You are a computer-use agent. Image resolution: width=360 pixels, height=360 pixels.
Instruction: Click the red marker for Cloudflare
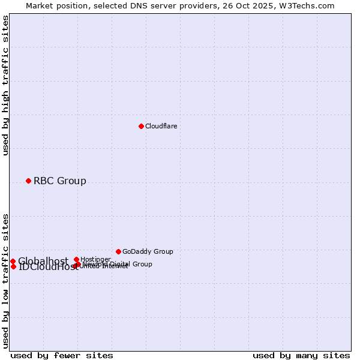pos(141,126)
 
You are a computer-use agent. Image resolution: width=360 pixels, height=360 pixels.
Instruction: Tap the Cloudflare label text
pos(161,126)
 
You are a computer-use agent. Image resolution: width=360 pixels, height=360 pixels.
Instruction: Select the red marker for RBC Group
pos(28,181)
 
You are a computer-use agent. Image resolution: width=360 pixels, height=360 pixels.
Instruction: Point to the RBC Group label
pos(59,181)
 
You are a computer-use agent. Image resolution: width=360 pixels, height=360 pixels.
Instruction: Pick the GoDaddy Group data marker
pos(118,251)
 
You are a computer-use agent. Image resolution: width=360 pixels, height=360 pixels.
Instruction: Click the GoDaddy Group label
pos(148,251)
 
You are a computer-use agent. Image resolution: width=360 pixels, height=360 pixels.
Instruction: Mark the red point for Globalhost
pos(13,261)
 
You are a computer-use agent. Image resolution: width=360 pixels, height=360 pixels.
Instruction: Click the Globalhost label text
pos(43,261)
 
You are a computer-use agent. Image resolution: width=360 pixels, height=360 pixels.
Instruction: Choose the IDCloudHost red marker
pos(13,266)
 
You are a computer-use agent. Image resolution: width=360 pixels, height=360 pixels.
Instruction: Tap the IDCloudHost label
pos(48,267)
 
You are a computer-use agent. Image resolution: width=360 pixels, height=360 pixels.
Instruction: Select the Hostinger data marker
pos(76,259)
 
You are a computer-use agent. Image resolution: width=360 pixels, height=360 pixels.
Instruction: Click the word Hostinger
pos(95,259)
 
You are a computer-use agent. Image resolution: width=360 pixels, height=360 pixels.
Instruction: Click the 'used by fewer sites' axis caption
pos(61,355)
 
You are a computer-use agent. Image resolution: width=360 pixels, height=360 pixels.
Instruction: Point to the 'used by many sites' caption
pos(301,355)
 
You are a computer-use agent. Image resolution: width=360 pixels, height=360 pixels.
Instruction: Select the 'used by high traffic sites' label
pos(5,85)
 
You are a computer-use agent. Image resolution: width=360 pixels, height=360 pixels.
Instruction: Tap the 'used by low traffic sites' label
pos(5,280)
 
